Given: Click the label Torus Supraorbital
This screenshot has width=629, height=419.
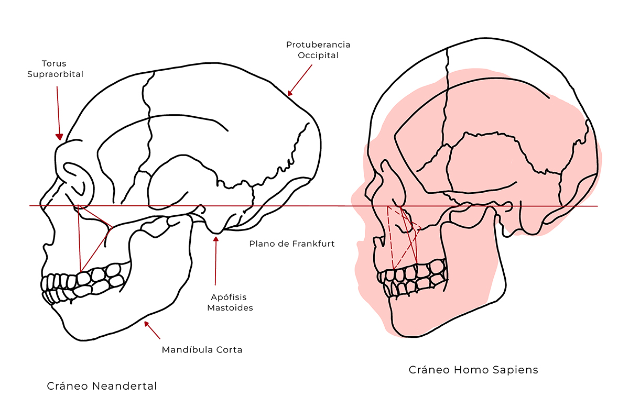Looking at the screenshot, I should [55, 69].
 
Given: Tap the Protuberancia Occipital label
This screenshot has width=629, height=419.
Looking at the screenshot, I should [318, 50].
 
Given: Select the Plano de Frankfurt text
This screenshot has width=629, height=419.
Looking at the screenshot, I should [291, 244].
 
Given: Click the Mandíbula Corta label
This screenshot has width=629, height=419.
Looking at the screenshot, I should [202, 349].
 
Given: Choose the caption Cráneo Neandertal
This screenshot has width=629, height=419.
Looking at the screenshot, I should [102, 387].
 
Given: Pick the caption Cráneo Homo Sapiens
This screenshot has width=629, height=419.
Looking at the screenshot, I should [473, 370].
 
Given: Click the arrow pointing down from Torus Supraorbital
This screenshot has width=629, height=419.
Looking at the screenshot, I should [58, 113].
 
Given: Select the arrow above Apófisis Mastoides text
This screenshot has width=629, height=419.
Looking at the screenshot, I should [215, 262].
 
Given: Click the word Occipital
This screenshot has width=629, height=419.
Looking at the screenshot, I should [318, 55].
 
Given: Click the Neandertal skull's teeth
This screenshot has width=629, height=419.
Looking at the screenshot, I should [84, 282].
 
